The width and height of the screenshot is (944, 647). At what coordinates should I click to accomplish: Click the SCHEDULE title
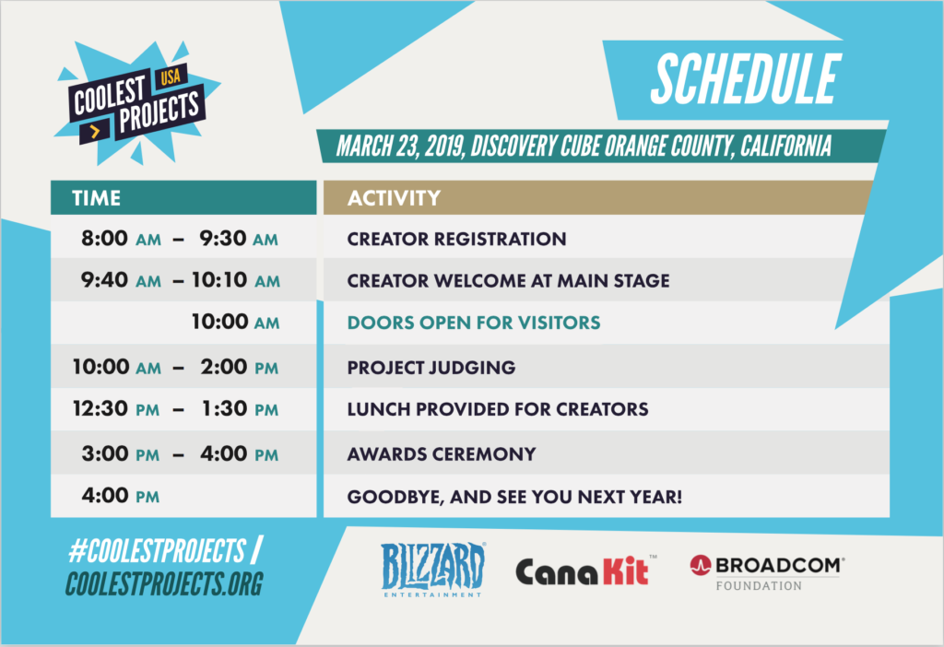coord(746,79)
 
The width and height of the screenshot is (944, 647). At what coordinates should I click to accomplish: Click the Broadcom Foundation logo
coord(767,572)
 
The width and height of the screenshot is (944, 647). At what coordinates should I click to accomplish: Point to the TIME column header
coord(96,198)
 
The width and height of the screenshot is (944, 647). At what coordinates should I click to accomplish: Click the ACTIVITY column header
coord(394,198)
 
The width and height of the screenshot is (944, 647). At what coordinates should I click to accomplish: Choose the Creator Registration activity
coord(456,239)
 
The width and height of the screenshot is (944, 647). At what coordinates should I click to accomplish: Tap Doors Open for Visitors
coord(474,323)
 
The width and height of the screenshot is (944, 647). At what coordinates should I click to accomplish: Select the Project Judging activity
coord(431,367)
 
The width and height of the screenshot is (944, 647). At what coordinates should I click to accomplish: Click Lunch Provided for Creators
coord(498,409)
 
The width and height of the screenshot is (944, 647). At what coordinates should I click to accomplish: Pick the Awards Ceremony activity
coord(442,453)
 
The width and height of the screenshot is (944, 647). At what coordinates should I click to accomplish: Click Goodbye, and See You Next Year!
coord(514,497)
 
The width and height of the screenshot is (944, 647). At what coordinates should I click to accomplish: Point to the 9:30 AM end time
coord(239,239)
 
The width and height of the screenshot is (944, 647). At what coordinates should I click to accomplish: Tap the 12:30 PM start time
coord(116,408)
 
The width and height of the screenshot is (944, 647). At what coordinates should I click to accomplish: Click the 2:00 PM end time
coord(240,367)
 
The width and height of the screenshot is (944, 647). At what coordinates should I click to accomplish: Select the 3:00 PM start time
coord(121,453)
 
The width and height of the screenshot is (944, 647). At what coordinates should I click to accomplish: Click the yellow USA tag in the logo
coord(171,76)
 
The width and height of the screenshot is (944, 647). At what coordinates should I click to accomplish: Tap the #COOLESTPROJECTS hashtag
coord(158,550)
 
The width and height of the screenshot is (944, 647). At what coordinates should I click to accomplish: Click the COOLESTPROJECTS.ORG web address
coord(164,583)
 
